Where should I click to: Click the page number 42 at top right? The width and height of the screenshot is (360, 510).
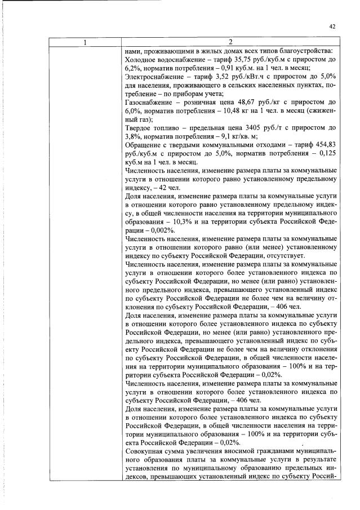pyautogui.click(x=332, y=26)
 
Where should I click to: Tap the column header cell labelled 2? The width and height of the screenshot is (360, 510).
pyautogui.click(x=231, y=42)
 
